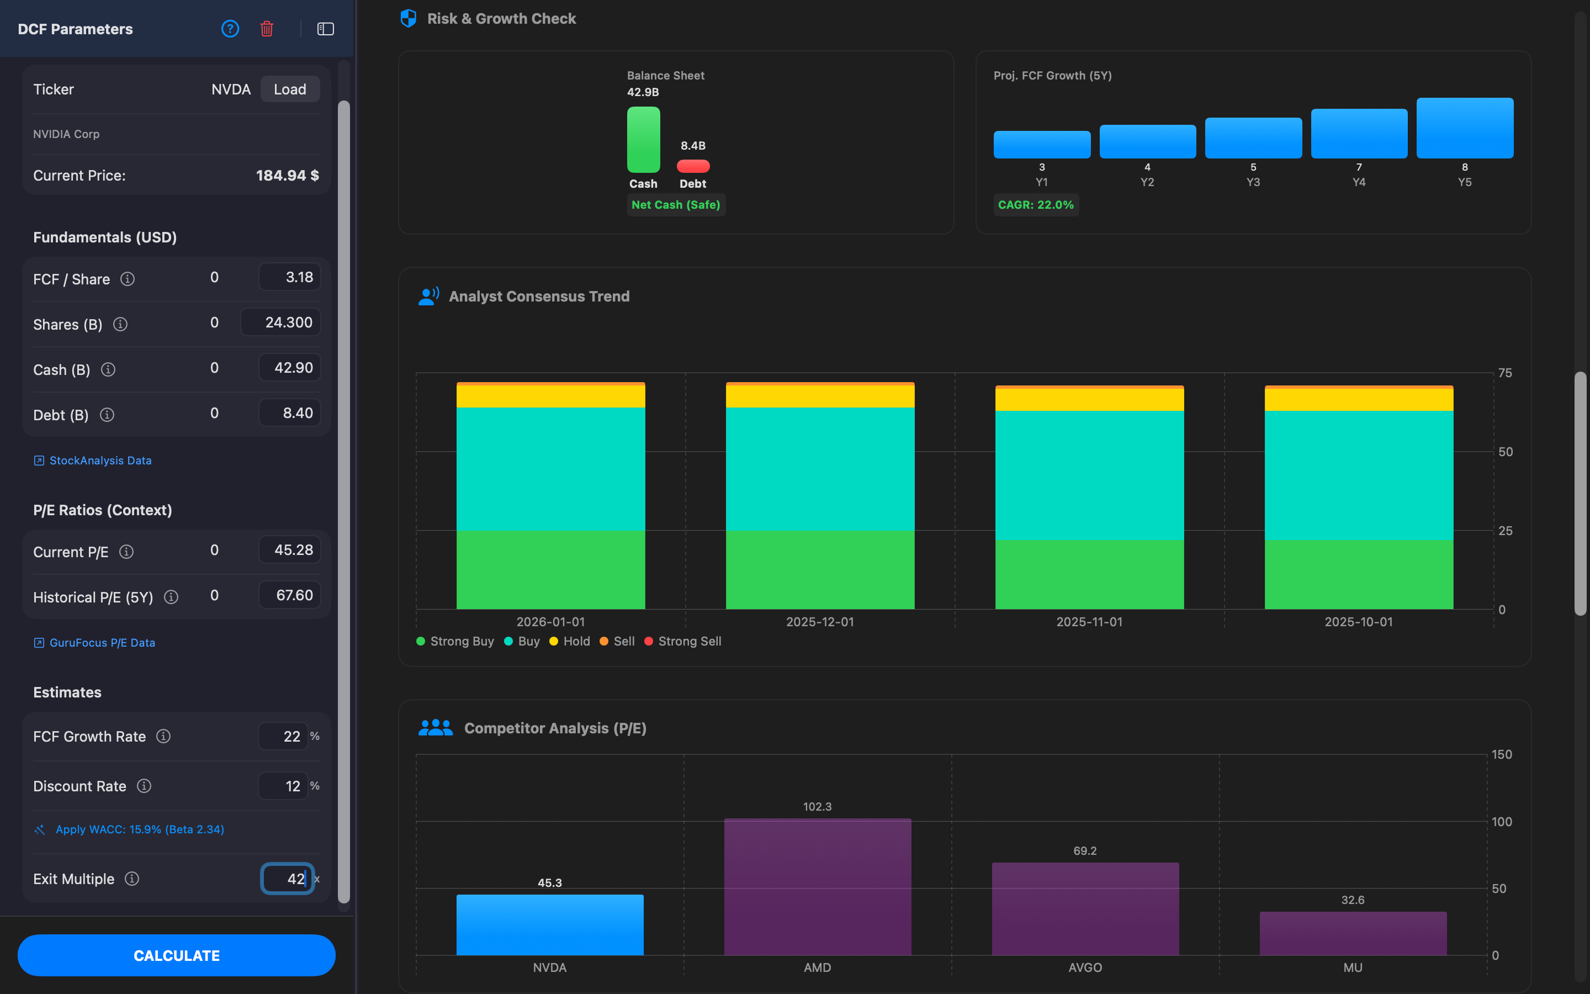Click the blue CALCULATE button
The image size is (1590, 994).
point(176,955)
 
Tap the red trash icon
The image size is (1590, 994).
point(266,29)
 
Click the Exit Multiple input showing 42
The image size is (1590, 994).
point(288,878)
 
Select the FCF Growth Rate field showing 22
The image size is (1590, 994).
point(283,736)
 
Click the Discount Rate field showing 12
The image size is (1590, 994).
point(283,786)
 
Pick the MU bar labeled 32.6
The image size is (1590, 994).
point(1353,933)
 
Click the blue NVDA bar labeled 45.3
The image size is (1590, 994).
point(550,924)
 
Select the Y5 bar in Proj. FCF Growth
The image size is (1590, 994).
point(1465,128)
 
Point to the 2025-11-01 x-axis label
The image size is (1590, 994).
point(1089,622)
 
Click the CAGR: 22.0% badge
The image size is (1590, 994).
point(1036,205)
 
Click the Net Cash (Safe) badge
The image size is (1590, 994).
point(675,205)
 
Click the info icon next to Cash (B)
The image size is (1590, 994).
point(108,370)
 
